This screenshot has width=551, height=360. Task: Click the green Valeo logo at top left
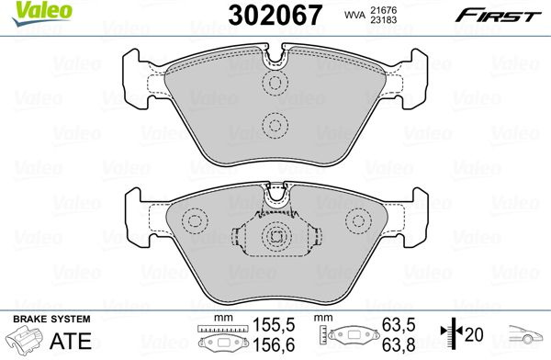pos(42,14)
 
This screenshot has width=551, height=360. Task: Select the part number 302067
pos(275,15)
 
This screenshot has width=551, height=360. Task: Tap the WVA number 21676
pos(383,10)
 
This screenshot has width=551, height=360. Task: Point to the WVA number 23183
pos(383,20)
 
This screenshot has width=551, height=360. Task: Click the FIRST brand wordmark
pos(498,16)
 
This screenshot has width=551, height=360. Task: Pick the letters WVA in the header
pos(354,16)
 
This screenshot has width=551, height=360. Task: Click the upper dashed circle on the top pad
pos(275,83)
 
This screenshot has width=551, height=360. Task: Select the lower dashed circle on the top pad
pos(275,125)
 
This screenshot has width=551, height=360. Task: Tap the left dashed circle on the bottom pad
pos(195,220)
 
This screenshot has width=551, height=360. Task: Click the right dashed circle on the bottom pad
pos(358,220)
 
